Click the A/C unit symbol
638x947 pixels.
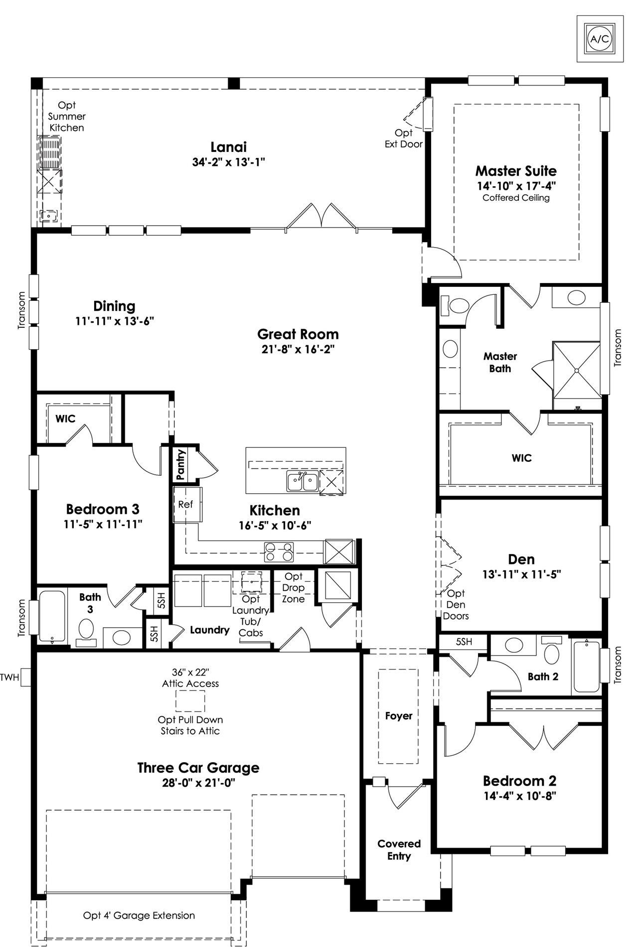tap(600, 38)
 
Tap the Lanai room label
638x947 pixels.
tap(229, 147)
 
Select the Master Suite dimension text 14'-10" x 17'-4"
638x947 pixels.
tap(516, 186)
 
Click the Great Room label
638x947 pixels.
tap(298, 334)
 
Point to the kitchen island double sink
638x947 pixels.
tap(303, 482)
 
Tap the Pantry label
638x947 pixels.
tap(180, 465)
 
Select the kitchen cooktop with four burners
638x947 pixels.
tap(279, 552)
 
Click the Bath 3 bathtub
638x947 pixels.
tap(53, 617)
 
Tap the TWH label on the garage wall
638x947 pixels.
tap(9, 677)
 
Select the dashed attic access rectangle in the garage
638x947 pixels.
tap(190, 701)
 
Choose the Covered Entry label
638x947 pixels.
tap(399, 849)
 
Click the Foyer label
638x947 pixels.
tap(399, 715)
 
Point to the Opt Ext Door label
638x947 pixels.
tap(404, 138)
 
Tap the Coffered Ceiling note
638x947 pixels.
tap(516, 198)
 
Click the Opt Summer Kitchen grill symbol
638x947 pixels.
tap(51, 153)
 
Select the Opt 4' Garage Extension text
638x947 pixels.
tap(139, 915)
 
